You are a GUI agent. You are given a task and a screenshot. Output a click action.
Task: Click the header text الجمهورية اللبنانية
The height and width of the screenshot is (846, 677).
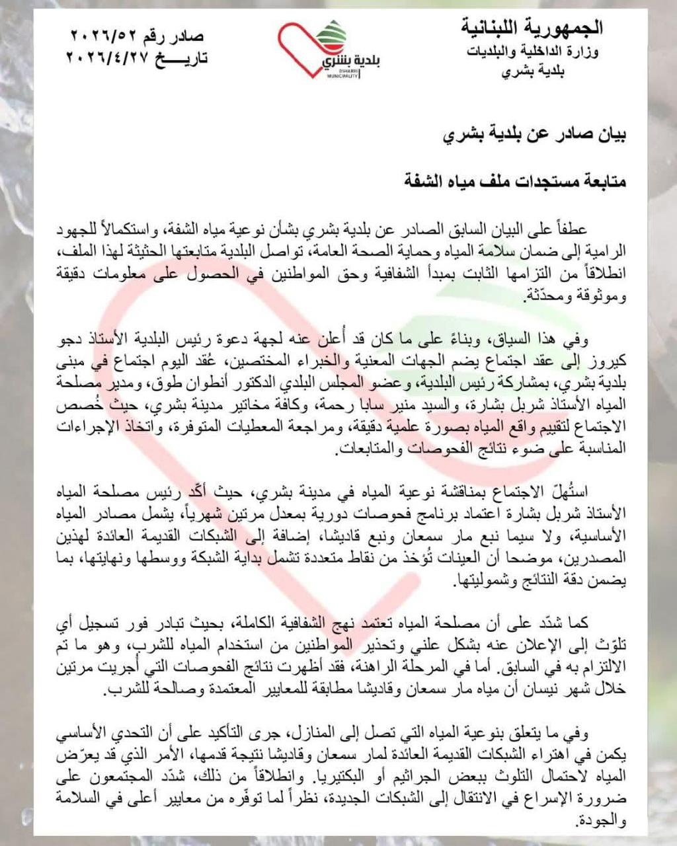coord(532,28)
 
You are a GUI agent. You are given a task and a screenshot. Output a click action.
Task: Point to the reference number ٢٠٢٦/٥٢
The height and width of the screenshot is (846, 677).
coord(101,36)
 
